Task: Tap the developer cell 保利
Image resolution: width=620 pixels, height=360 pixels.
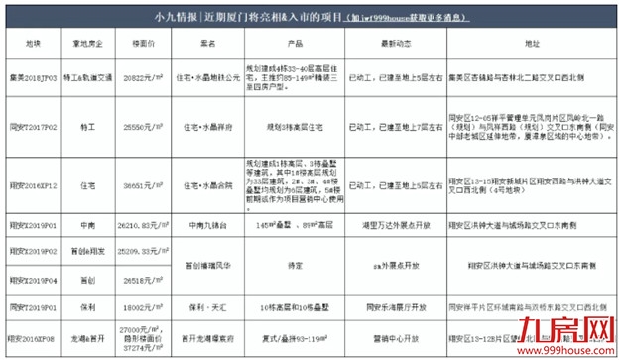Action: point(84,309)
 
